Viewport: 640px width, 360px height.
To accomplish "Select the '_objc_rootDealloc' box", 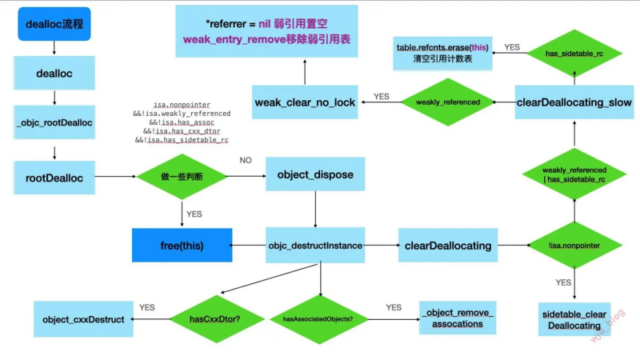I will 53,122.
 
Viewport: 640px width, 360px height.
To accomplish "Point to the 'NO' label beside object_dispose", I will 246,160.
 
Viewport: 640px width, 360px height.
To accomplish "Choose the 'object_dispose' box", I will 315,174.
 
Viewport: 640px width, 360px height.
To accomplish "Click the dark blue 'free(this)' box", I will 182,244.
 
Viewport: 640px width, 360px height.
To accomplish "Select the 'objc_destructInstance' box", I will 314,244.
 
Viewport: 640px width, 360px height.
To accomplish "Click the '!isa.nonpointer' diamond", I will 574,244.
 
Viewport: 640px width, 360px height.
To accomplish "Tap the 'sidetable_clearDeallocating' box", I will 574,320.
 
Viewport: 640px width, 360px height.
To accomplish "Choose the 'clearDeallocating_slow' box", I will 574,102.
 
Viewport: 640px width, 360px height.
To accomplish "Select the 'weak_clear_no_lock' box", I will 305,102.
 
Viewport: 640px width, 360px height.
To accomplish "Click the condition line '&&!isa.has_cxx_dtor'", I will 183,130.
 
